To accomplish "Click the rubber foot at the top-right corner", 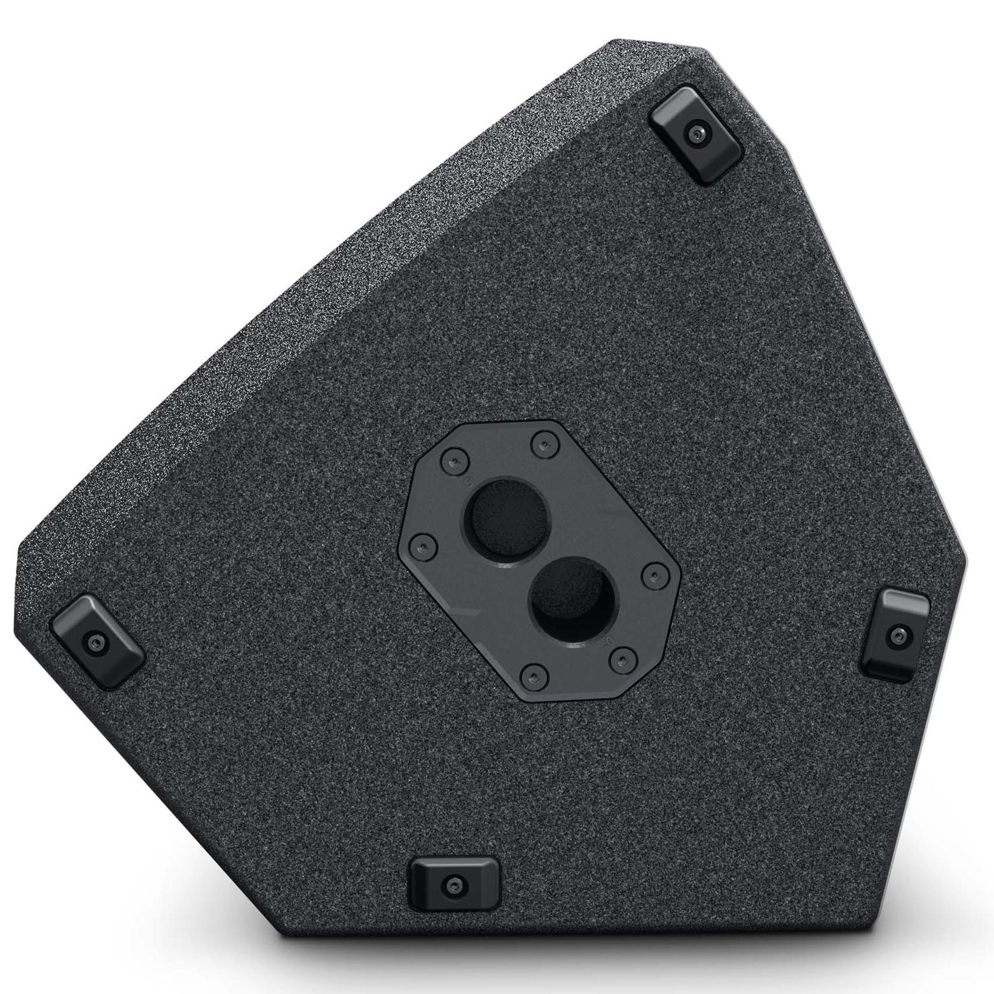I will [x=697, y=134].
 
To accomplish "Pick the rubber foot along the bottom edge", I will [x=453, y=884].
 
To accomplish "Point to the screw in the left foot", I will [x=97, y=642].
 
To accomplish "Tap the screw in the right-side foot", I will [x=897, y=634].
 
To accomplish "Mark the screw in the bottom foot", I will [x=453, y=885].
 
